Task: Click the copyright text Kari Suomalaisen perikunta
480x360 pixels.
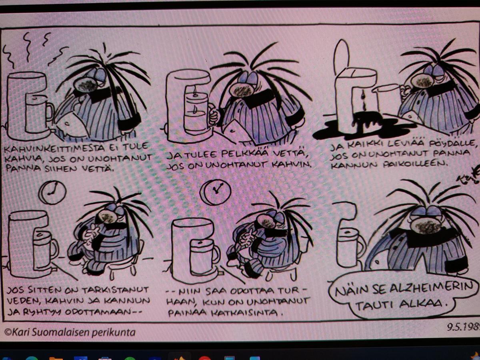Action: tap(70, 332)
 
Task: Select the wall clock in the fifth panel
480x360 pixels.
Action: tap(216, 192)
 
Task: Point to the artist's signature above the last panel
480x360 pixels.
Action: tap(468, 177)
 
